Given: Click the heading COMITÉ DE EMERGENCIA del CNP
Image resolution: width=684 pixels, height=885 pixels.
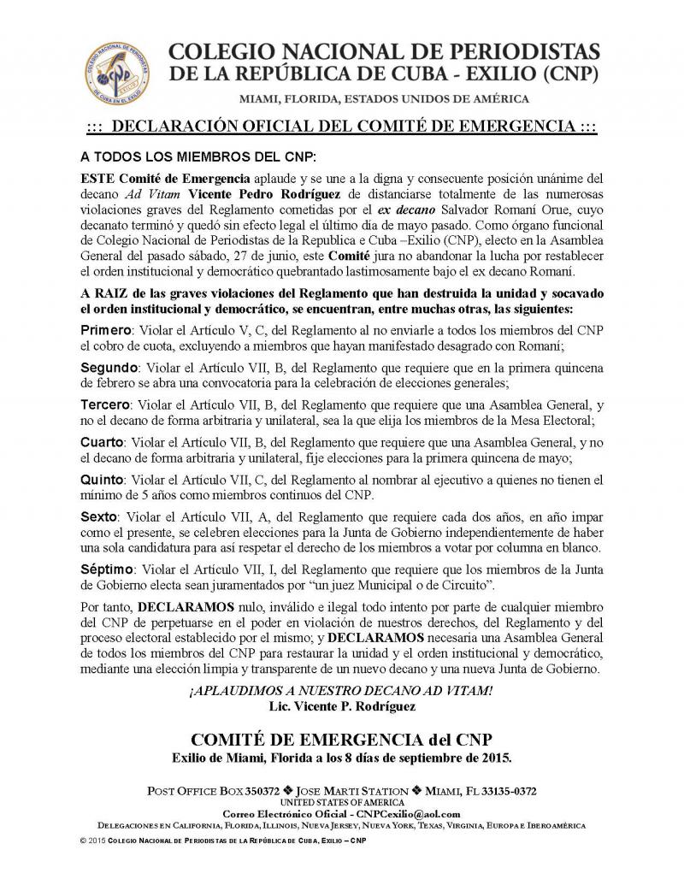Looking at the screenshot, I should tap(342, 738).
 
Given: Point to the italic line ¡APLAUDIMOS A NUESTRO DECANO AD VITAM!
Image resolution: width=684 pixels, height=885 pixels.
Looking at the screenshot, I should tap(342, 691).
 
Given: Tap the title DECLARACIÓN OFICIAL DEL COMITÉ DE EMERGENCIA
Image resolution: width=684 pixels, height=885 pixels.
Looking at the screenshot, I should tap(342, 128).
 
